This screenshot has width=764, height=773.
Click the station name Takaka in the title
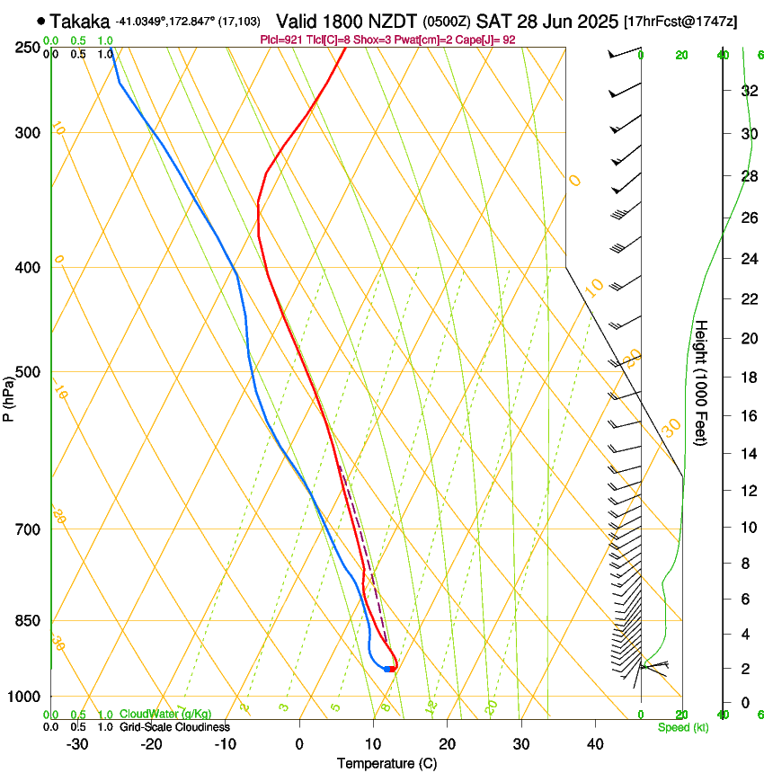click(80, 21)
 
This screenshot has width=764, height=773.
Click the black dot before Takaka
click(41, 21)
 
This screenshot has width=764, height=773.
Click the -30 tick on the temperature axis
click(77, 743)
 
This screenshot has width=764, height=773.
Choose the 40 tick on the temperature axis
click(594, 743)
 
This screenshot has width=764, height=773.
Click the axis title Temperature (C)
click(386, 763)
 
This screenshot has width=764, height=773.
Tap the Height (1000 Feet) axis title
click(702, 382)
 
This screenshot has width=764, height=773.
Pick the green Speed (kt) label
click(682, 727)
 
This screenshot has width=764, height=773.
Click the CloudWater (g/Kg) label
click(165, 715)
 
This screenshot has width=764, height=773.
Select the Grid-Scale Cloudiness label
click(174, 727)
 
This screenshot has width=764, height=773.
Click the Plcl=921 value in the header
click(282, 40)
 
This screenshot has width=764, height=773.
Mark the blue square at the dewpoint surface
click(386, 669)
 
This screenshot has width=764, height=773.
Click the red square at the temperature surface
click(393, 669)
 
